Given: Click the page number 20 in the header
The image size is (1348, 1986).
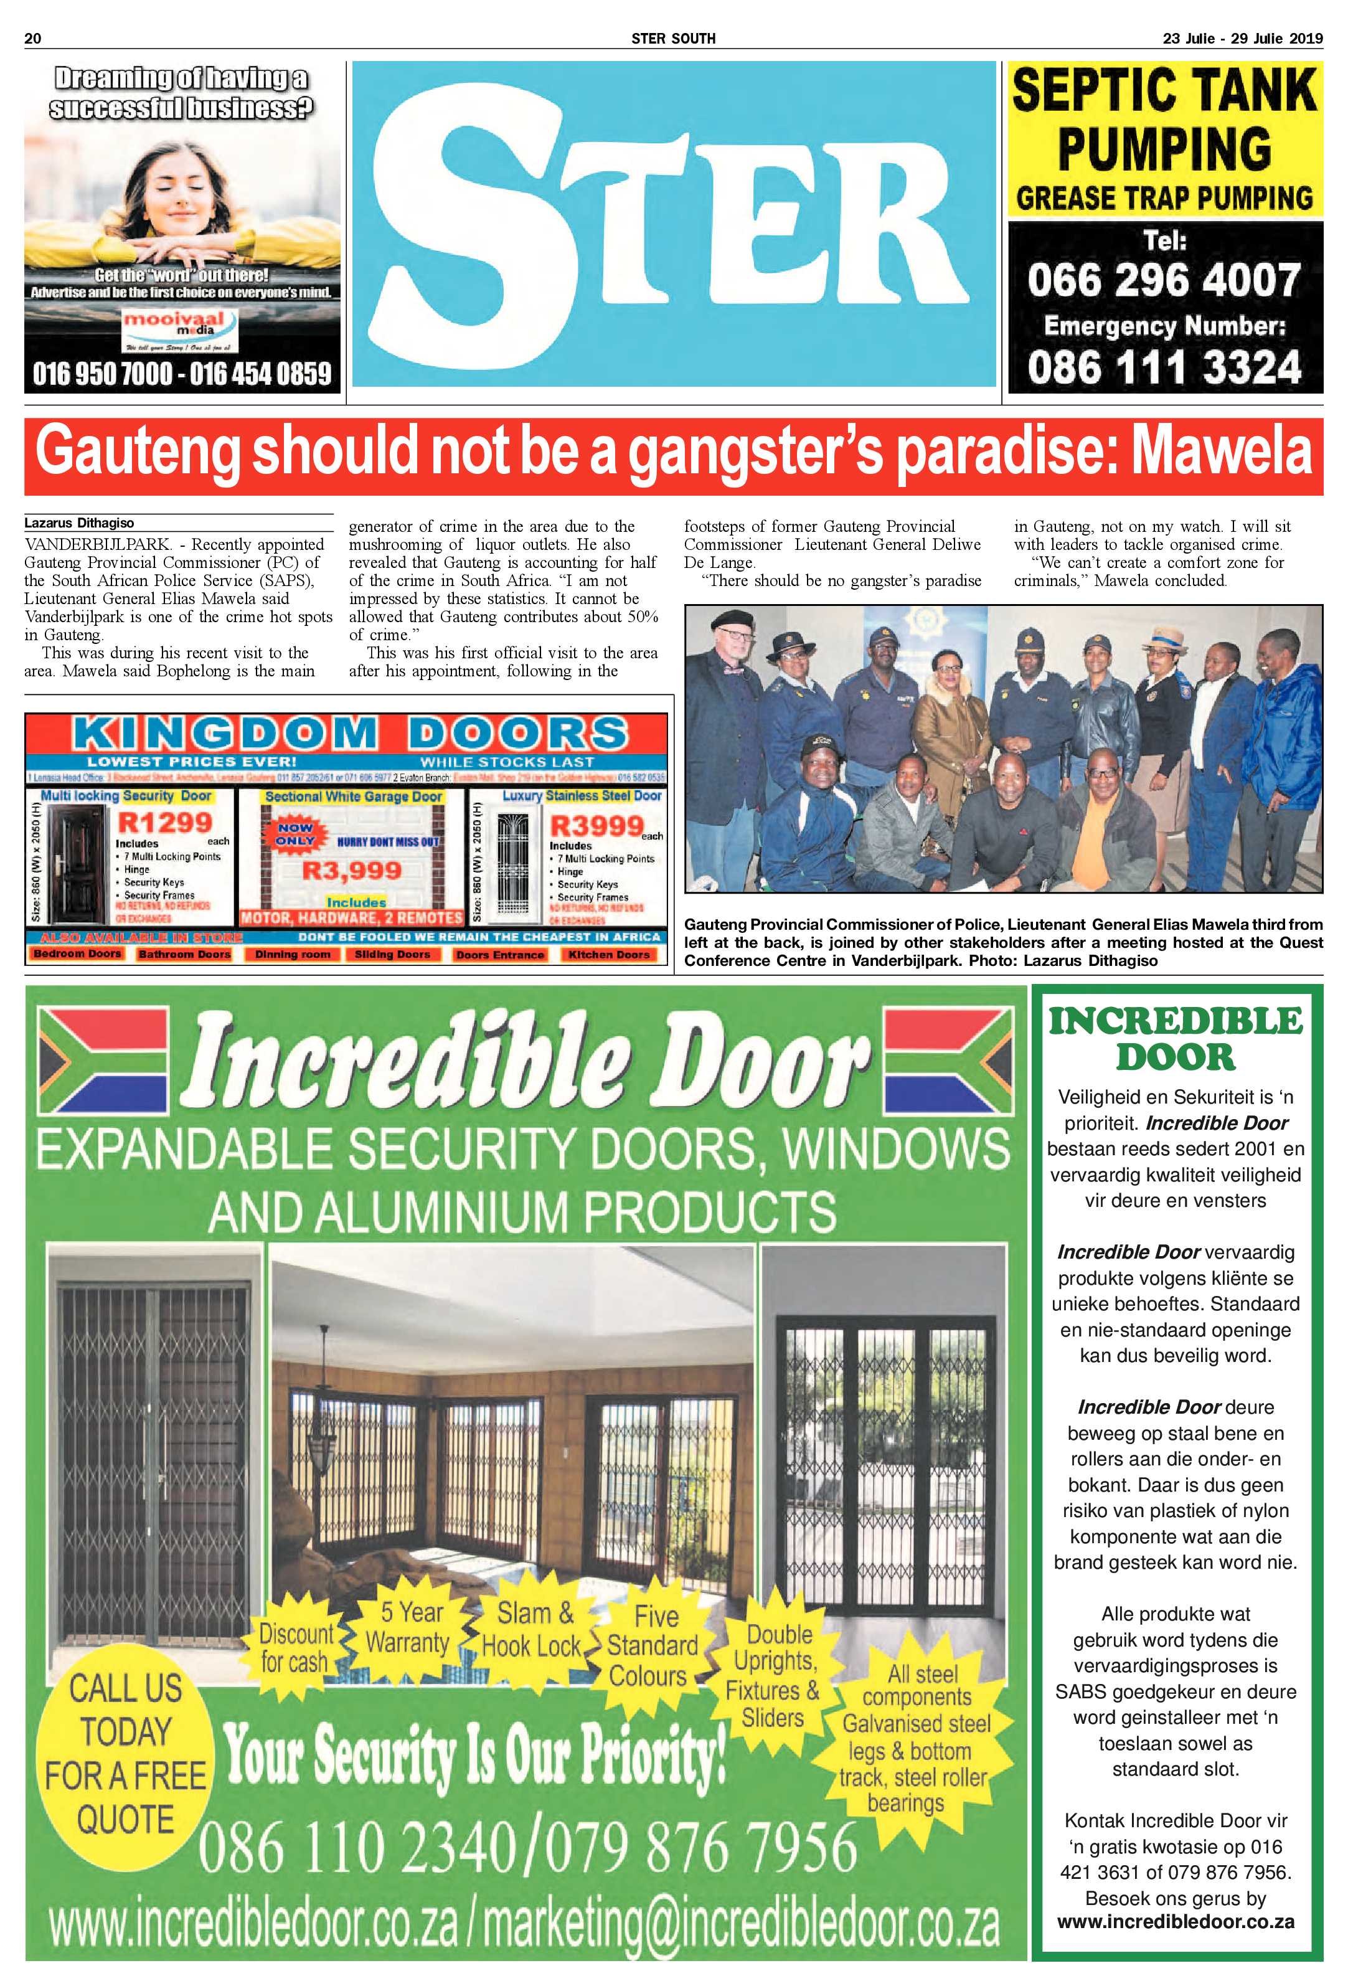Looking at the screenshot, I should tap(34, 39).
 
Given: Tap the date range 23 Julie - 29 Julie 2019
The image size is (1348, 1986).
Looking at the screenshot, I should tap(1242, 39).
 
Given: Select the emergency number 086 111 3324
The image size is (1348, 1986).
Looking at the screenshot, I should tap(1164, 367).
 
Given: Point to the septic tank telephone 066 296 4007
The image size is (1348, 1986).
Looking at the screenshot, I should tap(1164, 280).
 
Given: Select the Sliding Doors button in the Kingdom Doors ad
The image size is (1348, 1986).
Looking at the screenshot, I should tap(392, 955).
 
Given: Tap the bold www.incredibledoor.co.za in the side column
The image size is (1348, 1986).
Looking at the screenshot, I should tap(1176, 1946).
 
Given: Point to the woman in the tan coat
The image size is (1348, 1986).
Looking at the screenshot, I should tap(948, 718).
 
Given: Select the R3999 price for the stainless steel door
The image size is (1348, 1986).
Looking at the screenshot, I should tap(595, 826).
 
